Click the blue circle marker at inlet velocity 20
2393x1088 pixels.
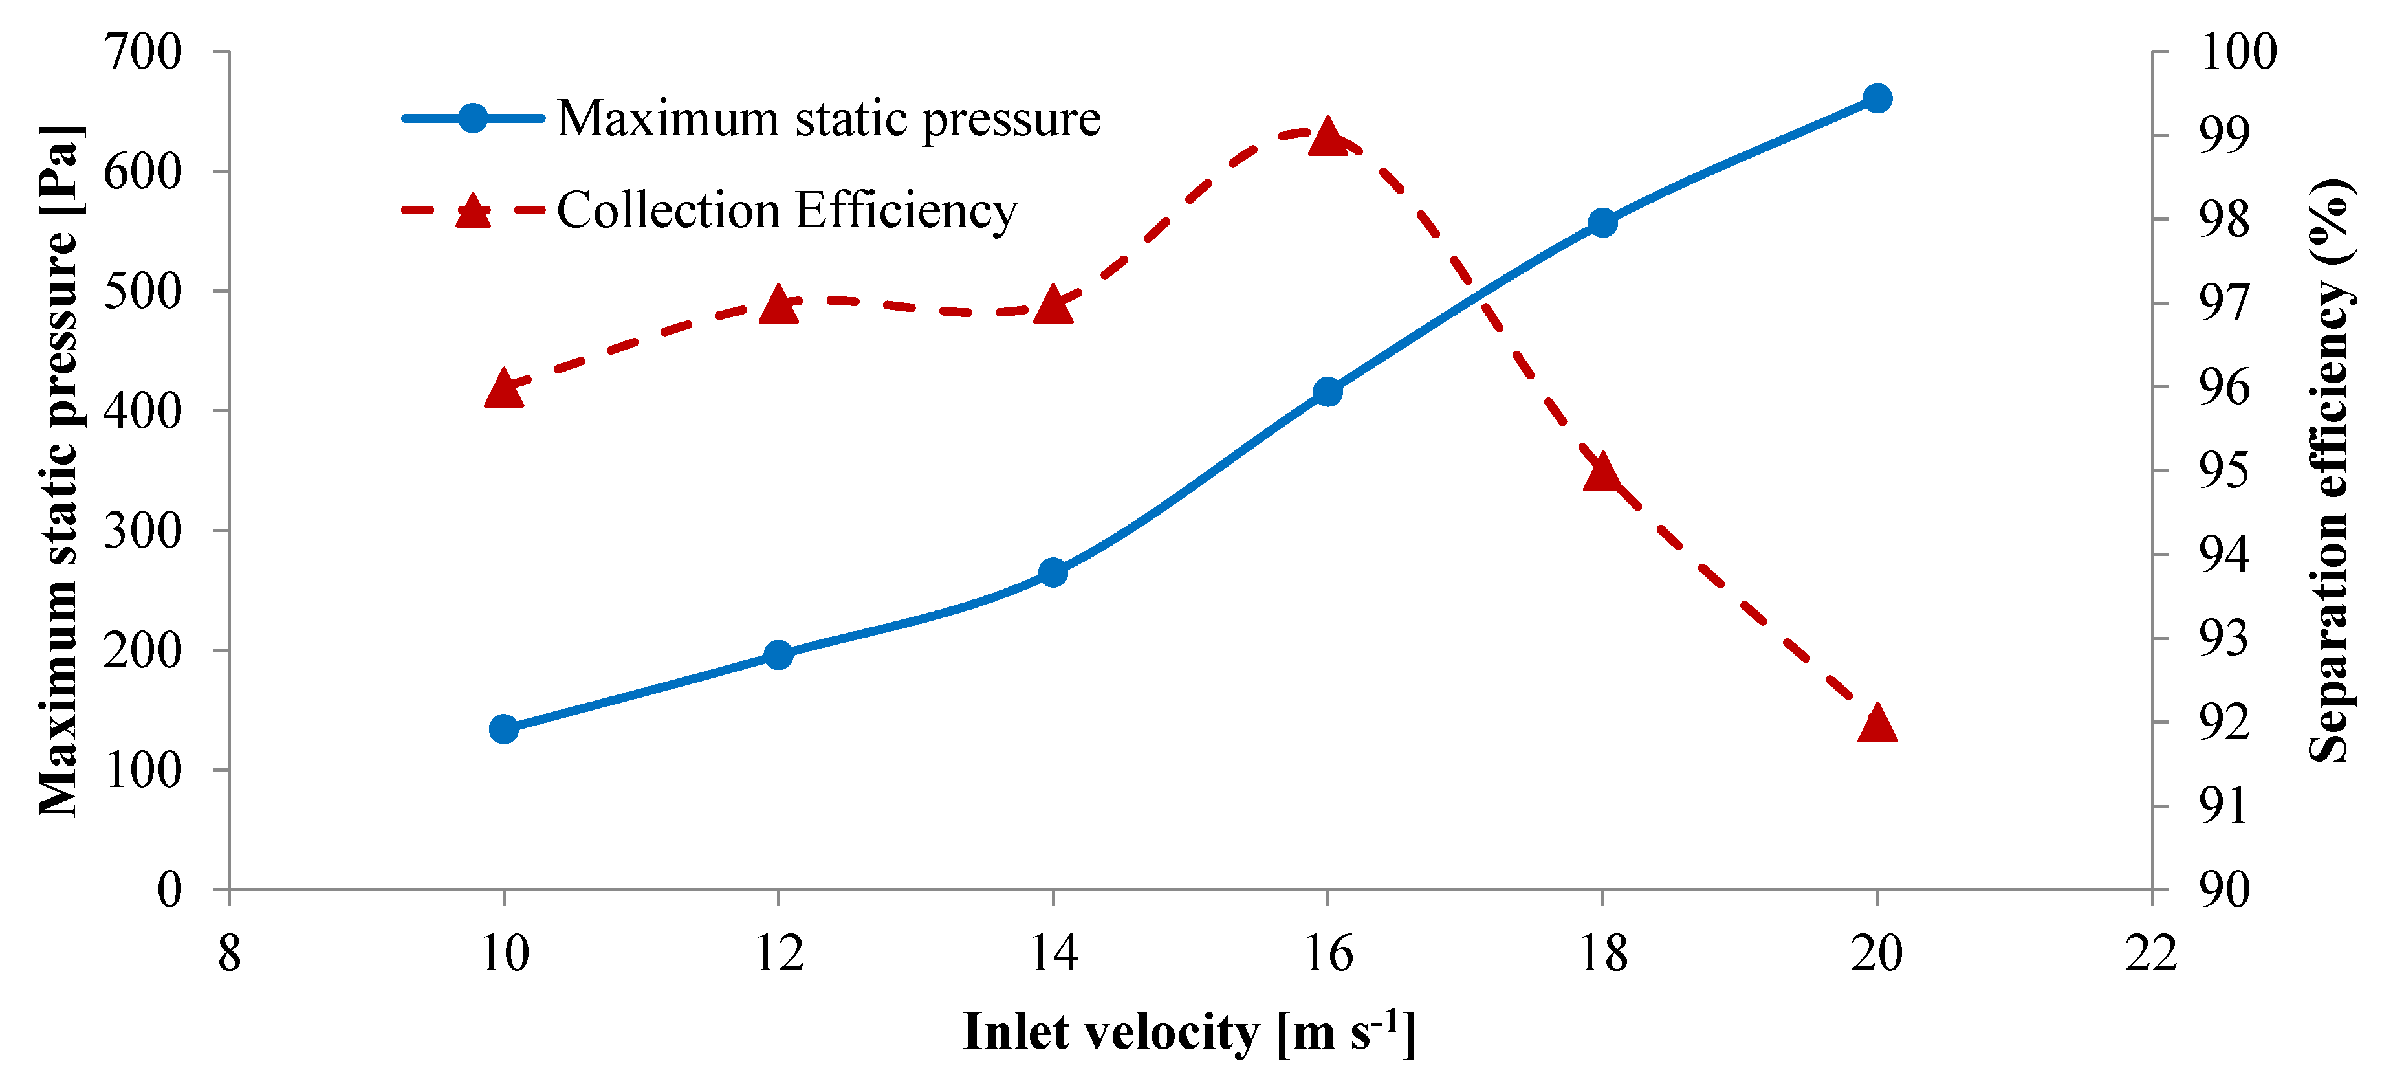pos(1877,98)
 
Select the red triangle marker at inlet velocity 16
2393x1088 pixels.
pos(1328,137)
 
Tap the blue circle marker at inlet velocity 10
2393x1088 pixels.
pos(503,728)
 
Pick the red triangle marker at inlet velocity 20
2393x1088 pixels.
pos(1877,724)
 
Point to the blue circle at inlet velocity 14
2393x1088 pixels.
pos(1053,572)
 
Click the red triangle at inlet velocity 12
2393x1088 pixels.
pos(778,305)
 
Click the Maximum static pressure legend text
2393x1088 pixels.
pos(829,119)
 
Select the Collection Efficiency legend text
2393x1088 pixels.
pos(787,210)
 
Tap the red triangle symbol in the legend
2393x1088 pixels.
pos(473,212)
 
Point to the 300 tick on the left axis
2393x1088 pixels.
pos(142,531)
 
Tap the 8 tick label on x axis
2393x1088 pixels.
pos(230,953)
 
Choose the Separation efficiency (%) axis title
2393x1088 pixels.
pos(2330,470)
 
